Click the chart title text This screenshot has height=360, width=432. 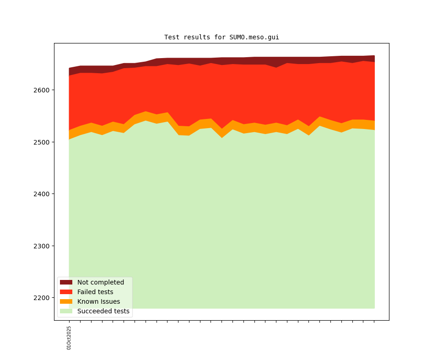(221, 37)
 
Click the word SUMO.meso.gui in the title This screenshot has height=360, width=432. (254, 37)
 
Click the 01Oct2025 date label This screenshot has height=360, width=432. (69, 338)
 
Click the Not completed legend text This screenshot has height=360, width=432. (101, 282)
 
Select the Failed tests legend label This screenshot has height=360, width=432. (95, 292)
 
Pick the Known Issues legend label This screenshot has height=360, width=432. (98, 301)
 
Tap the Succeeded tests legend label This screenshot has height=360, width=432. (103, 311)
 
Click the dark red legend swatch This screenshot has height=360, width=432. (66, 282)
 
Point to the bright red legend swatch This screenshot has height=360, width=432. (66, 292)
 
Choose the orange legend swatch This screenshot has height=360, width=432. (66, 301)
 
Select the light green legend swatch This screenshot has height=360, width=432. (66, 311)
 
